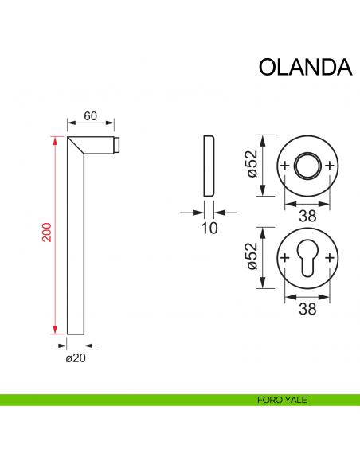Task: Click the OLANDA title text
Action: [305, 67]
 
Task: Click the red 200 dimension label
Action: [47, 232]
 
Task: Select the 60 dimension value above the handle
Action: [90, 116]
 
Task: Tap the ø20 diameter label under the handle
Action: [76, 358]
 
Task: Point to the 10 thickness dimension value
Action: [209, 229]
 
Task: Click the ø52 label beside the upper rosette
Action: [252, 165]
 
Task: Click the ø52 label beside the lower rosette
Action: [252, 259]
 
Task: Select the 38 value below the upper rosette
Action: [307, 216]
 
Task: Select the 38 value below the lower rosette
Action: [307, 310]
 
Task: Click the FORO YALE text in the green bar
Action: [283, 400]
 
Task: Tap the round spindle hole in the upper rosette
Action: [307, 166]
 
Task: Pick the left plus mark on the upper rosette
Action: [285, 166]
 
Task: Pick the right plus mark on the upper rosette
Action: [330, 166]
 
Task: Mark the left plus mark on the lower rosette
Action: [285, 259]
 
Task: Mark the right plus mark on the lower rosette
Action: [330, 259]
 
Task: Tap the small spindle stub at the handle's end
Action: [117, 145]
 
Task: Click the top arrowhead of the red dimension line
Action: [54, 141]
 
